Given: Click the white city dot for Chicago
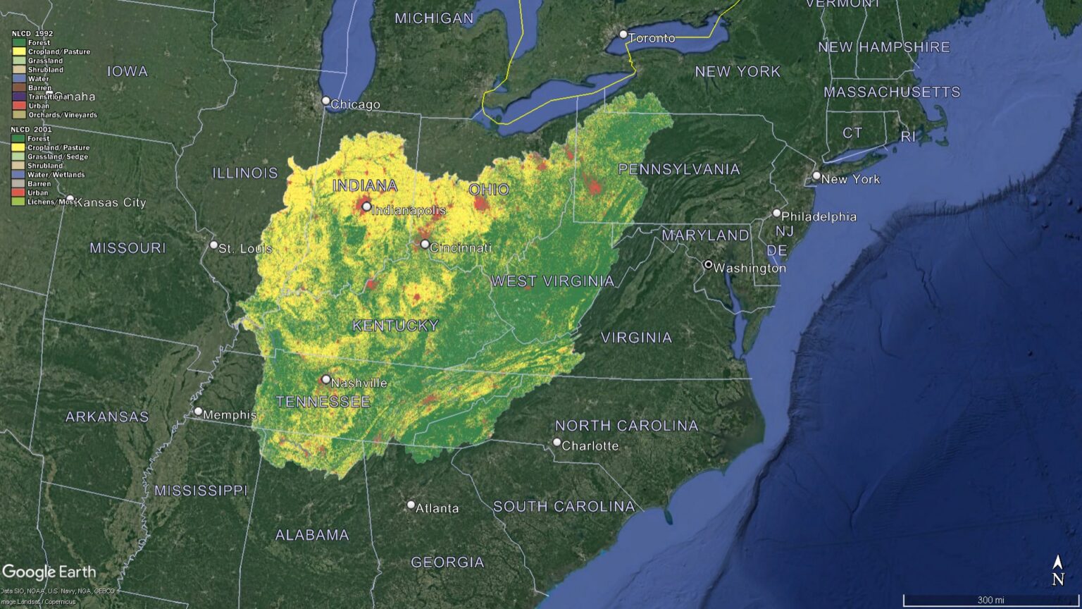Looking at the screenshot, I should (x=325, y=101).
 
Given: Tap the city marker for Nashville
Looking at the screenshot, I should (x=326, y=379).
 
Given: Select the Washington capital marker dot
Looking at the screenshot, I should (x=709, y=265).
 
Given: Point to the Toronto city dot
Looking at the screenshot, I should (x=623, y=35).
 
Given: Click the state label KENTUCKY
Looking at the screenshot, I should (x=395, y=326).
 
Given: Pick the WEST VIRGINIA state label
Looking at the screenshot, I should (x=552, y=281).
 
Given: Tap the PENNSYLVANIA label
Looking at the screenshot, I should (x=679, y=169).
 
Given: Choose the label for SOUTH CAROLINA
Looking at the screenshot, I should (x=564, y=506).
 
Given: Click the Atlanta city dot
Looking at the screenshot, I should (x=411, y=505).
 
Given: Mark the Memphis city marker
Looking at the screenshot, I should (x=198, y=412).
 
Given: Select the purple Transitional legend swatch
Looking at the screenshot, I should (x=19, y=97).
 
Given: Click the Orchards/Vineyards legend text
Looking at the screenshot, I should (x=63, y=115).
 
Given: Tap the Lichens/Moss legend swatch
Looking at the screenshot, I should (x=18, y=202).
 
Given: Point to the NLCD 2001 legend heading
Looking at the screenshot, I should (x=32, y=130).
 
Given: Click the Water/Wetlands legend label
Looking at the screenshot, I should (x=56, y=175).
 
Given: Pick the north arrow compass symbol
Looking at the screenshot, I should (x=1057, y=570).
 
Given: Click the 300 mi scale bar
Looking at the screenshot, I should (x=990, y=601).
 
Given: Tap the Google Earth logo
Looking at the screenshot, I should (x=49, y=572).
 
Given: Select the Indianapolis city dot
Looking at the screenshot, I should (x=366, y=207).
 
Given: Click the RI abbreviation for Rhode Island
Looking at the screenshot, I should (x=908, y=137).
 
